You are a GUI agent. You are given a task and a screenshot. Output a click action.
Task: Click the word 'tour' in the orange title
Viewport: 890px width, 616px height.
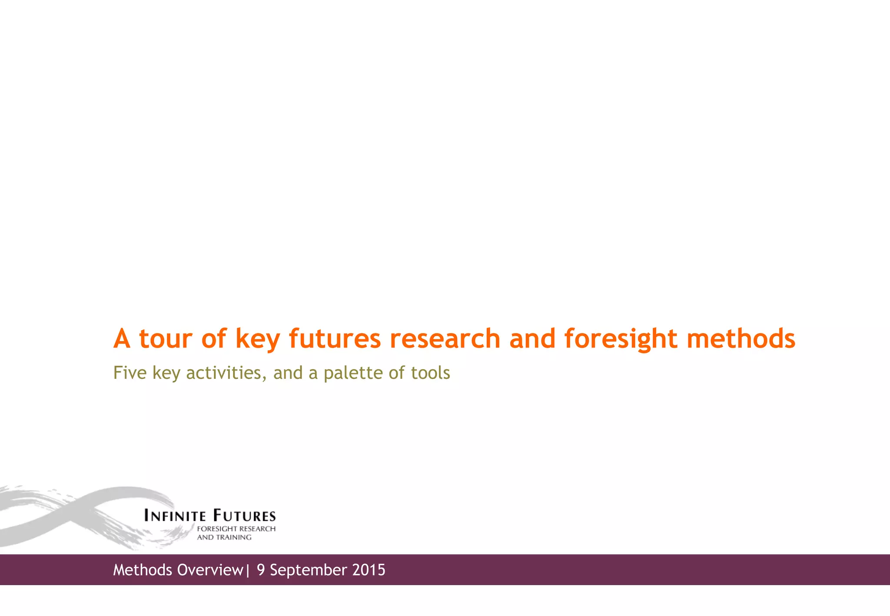tap(165, 339)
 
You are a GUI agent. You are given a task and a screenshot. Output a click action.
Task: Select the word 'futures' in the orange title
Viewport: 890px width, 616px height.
tap(335, 339)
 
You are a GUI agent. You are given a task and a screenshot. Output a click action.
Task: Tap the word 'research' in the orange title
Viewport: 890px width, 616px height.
tap(445, 339)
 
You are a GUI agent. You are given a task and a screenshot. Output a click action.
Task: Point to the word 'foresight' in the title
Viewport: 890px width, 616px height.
tap(621, 340)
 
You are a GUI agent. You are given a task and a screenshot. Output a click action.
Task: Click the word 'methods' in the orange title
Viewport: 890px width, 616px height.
tap(741, 339)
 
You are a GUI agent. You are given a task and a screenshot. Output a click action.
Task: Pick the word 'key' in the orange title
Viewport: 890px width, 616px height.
tap(257, 340)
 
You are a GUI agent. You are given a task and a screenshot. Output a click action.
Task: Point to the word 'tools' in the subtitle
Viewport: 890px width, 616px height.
tap(431, 373)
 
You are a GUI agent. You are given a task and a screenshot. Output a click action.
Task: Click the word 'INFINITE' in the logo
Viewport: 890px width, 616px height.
tap(175, 516)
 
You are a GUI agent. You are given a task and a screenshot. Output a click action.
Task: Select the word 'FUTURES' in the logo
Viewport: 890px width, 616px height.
tap(244, 516)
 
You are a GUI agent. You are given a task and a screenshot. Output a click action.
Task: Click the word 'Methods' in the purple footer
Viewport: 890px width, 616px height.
tap(142, 570)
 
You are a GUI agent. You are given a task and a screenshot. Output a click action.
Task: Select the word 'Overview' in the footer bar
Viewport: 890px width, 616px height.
tap(209, 570)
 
